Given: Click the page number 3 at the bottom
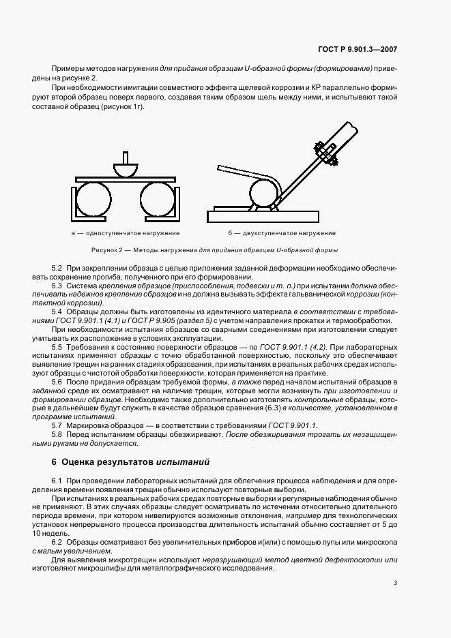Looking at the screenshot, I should [395, 582].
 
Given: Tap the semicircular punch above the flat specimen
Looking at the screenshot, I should [124, 168].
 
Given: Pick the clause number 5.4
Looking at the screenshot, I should [57, 312].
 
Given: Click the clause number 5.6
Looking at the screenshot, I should [57, 383].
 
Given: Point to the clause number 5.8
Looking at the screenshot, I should [57, 434].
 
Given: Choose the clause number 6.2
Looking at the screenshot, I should [57, 543].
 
